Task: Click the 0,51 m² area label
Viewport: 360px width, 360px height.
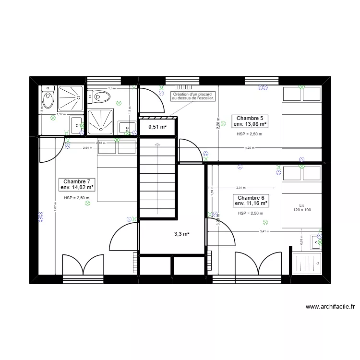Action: click(x=157, y=127)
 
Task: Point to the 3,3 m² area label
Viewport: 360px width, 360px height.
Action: click(x=181, y=234)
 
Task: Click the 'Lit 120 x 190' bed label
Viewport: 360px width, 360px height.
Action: click(x=301, y=207)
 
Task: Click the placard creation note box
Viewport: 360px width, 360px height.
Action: click(x=193, y=96)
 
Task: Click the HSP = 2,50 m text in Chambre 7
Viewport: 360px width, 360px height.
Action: click(x=77, y=198)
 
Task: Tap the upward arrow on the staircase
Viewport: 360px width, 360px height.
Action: click(x=157, y=144)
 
